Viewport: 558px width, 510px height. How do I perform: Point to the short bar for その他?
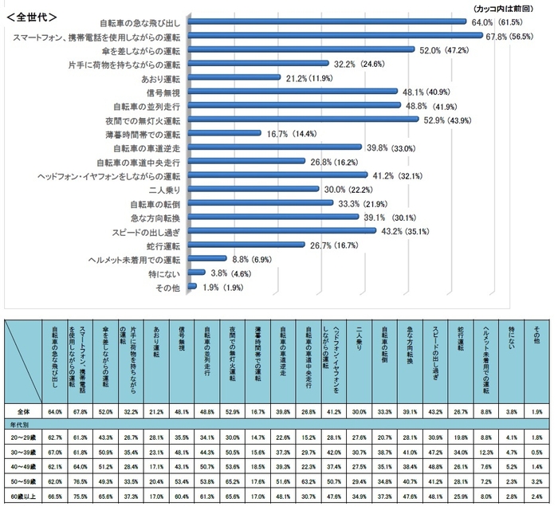(x=191, y=285)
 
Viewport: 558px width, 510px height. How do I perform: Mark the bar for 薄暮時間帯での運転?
(x=223, y=134)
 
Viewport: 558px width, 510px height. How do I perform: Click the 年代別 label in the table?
(x=19, y=423)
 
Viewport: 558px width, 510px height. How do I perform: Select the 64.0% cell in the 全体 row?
(x=56, y=411)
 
